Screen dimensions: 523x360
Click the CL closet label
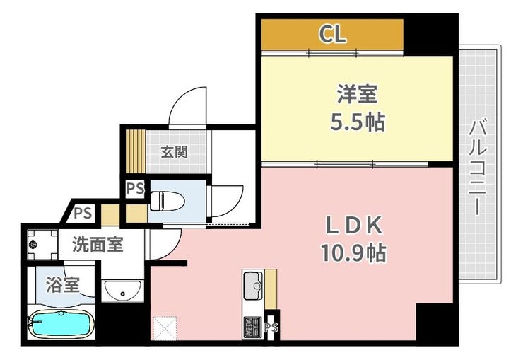tap(332, 34)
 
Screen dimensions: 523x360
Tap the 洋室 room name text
tap(357, 94)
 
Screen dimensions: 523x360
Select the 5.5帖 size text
tap(358, 122)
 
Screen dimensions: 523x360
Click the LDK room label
tap(354, 226)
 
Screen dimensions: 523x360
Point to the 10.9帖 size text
tap(353, 253)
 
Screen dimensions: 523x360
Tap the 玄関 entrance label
tap(174, 152)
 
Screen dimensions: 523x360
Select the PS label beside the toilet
tap(135, 189)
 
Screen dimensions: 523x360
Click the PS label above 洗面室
tap(83, 213)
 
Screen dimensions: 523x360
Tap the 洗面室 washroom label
tap(98, 245)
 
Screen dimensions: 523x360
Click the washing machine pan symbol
tap(42, 245)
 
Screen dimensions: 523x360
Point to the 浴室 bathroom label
tap(63, 284)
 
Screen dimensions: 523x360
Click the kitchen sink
tap(253, 286)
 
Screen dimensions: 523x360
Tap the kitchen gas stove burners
tap(252, 327)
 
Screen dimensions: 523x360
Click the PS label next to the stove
tap(271, 327)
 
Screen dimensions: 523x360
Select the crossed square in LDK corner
tap(165, 328)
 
